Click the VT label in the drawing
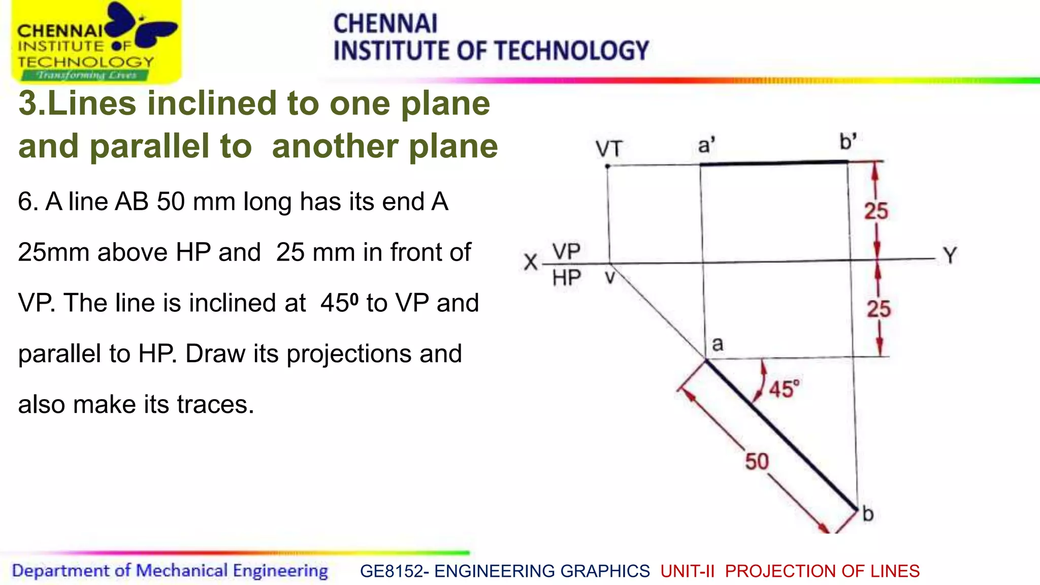click(x=608, y=149)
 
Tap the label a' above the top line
click(x=706, y=146)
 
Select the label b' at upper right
click(x=848, y=142)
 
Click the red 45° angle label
click(x=784, y=389)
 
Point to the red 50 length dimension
click(x=757, y=462)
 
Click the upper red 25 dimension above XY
click(x=876, y=211)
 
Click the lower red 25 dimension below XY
click(x=879, y=309)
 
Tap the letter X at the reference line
click(x=530, y=263)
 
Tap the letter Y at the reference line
click(x=950, y=255)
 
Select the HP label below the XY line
click(x=566, y=278)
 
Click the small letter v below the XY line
click(x=610, y=278)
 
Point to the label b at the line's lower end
click(x=868, y=514)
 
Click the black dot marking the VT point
click(x=607, y=166)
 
